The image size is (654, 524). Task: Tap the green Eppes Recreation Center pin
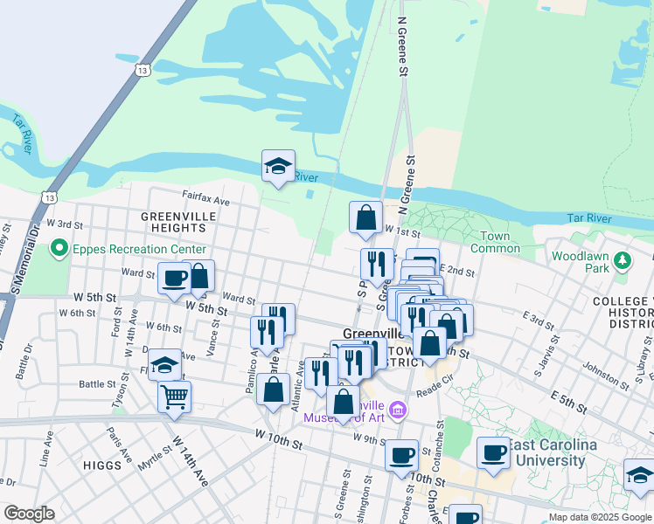tap(59, 249)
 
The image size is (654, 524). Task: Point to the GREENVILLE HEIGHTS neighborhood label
tap(174, 221)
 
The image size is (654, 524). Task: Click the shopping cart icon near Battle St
tap(175, 396)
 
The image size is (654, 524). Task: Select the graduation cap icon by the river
tap(278, 166)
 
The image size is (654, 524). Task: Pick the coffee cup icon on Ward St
tap(173, 278)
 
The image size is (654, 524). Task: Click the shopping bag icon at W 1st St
tap(365, 217)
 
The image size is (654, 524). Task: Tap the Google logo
tap(29, 514)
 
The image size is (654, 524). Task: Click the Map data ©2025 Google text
tap(599, 517)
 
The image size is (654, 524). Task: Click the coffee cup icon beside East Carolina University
tap(493, 453)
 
